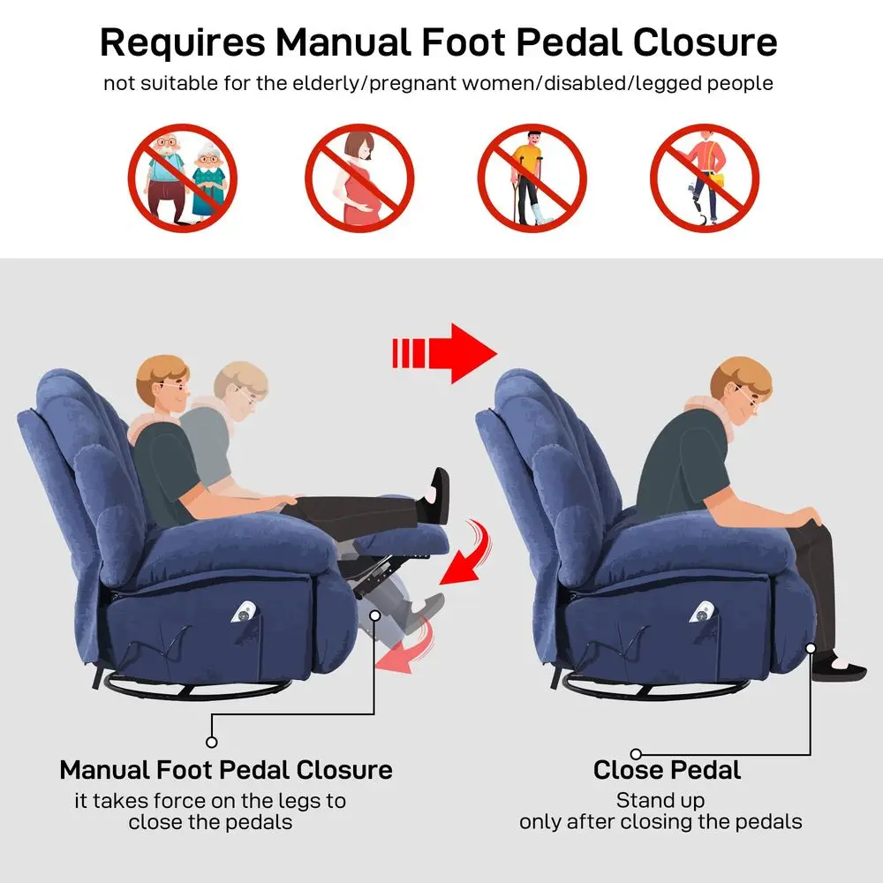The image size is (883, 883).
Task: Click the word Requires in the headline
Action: [x=183, y=43]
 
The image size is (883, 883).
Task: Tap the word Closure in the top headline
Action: [x=705, y=42]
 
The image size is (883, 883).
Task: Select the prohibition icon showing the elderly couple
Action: [x=183, y=178]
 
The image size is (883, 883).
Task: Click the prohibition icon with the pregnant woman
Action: [x=359, y=178]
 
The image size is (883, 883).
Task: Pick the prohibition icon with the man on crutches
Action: [x=532, y=178]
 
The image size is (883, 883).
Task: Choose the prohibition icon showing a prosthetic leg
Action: [x=705, y=178]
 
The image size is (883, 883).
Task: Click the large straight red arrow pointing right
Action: [x=444, y=354]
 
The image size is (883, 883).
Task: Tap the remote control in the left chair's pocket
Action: [x=245, y=612]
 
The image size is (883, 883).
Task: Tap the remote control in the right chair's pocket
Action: [x=704, y=612]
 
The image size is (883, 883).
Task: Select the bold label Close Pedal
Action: [x=667, y=770]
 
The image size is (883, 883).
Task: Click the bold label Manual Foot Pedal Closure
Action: [x=226, y=770]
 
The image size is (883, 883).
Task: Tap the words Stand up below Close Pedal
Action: [x=660, y=800]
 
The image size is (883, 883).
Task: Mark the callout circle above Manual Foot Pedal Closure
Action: [x=212, y=743]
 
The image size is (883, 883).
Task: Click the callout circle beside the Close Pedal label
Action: [x=637, y=754]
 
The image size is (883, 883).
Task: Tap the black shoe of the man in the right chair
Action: [x=839, y=669]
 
